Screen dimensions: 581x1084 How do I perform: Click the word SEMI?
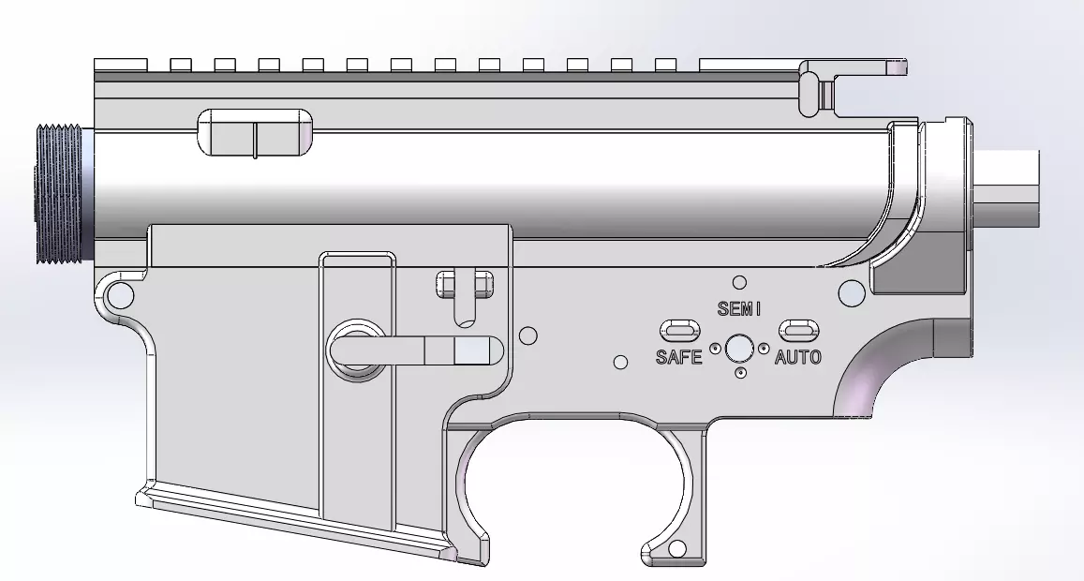coord(740,307)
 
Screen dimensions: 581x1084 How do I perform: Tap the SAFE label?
coord(678,357)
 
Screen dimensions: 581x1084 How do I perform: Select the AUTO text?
coord(798,357)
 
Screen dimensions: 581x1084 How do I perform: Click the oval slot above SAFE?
coord(680,330)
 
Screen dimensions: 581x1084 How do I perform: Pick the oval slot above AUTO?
coord(798,330)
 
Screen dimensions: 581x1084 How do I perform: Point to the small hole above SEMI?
coord(739,282)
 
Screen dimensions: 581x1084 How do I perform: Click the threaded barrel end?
coord(60,195)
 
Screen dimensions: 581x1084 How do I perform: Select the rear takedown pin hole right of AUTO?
coord(851,293)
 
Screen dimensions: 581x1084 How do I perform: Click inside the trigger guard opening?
coord(572,487)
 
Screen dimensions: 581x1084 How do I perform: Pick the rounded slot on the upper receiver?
coord(255,132)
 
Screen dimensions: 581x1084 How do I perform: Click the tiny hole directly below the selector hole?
coord(741,373)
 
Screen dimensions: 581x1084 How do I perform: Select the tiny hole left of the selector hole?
coord(715,349)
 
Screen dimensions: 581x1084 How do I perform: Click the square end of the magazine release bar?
coord(473,351)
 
